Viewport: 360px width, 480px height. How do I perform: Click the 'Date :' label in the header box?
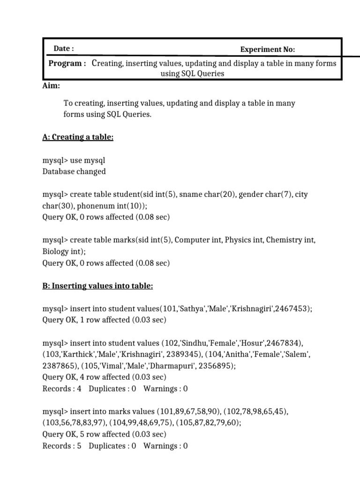64,48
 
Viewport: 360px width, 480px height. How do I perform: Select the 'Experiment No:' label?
267,49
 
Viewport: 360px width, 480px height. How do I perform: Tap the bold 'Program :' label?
67,63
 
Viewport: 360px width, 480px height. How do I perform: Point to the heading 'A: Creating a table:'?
78,137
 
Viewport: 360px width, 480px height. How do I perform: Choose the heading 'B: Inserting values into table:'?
97,285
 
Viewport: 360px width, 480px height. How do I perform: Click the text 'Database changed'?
74,171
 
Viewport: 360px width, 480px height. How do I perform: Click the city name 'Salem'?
297,354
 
